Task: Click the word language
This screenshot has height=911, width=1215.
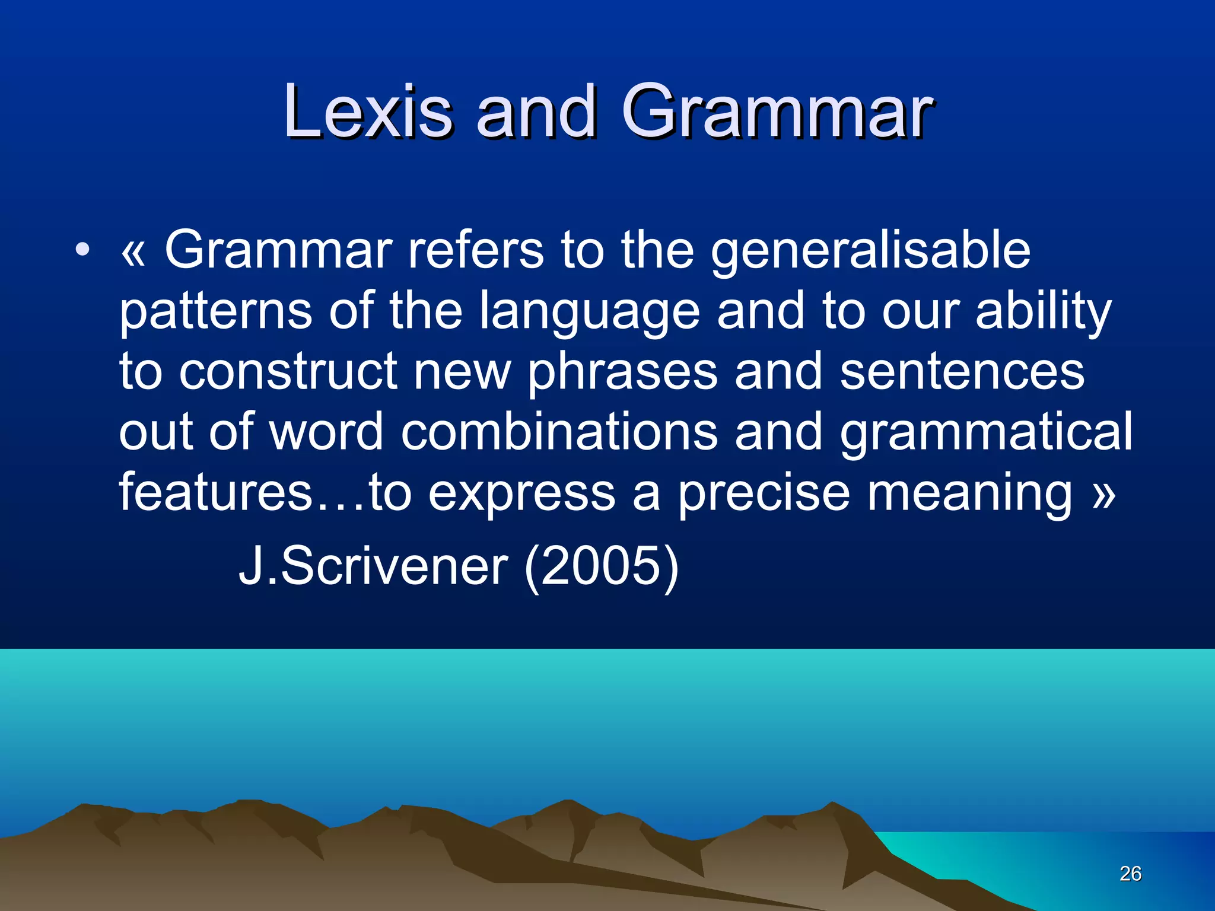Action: (590, 312)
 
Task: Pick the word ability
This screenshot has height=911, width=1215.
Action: (1044, 312)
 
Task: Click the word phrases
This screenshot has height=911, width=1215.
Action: (622, 372)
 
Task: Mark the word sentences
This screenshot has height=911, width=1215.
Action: (962, 371)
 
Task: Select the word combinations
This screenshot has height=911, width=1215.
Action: (559, 432)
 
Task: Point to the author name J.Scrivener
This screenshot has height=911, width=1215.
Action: (373, 566)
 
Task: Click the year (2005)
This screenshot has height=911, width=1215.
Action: (602, 567)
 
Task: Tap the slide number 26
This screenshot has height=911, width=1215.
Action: (1130, 874)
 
